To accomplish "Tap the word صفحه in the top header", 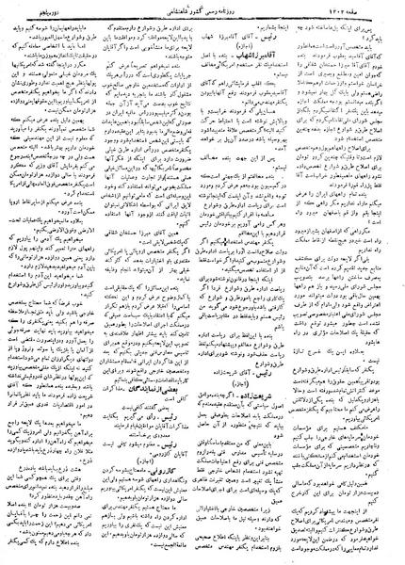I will pos(391,8).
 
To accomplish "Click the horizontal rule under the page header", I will pos(202,16).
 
